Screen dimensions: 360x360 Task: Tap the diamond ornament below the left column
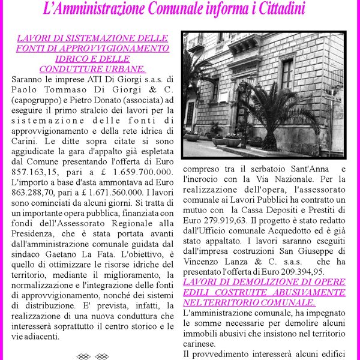click(93, 356)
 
